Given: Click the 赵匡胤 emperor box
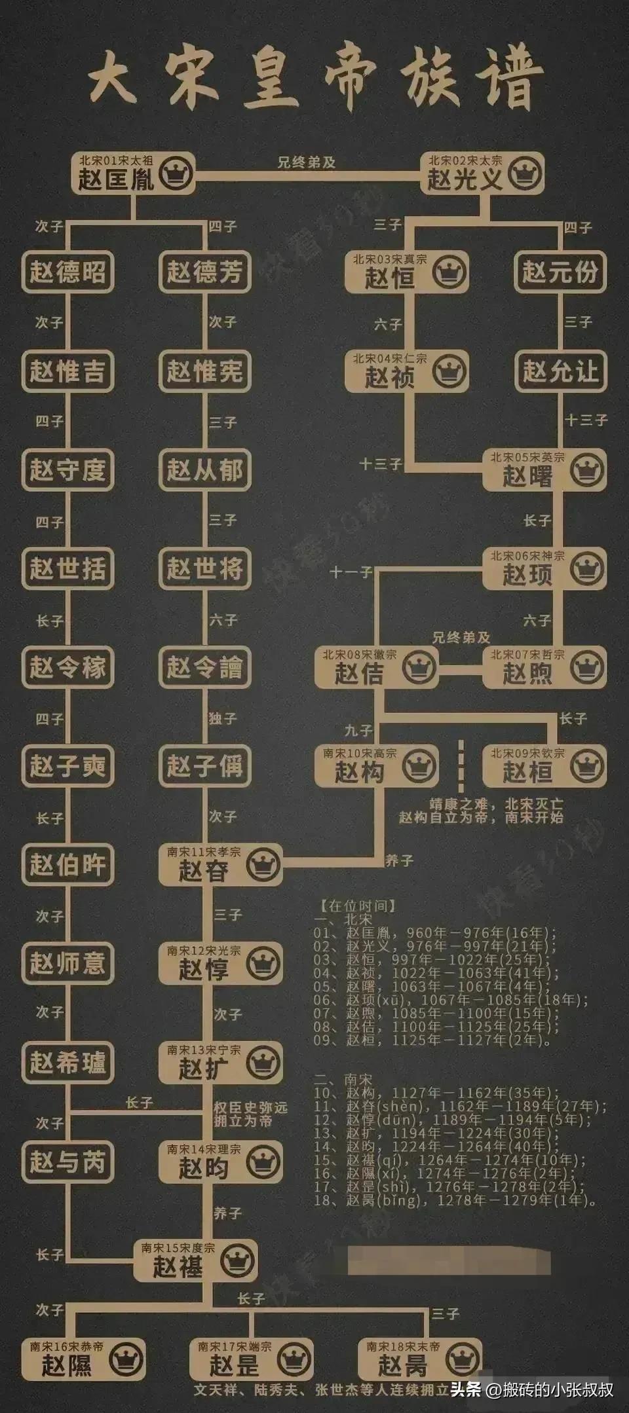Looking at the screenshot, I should click(133, 173).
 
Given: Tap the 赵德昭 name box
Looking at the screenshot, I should click(67, 272).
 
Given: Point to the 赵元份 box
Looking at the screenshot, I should click(560, 272).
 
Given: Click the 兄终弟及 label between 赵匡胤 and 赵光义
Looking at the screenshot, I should click(306, 162).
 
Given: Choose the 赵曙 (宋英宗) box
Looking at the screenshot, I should click(544, 470).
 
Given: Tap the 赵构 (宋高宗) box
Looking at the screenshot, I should click(376, 766).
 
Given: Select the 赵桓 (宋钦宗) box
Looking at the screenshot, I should click(544, 766).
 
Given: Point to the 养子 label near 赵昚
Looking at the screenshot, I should click(399, 860).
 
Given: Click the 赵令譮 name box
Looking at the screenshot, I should click(204, 667).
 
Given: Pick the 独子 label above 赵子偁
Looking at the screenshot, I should click(223, 718).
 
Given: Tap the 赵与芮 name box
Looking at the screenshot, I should click(67, 1162).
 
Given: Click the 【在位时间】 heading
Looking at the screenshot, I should click(358, 906).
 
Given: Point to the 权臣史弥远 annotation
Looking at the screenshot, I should click(250, 1114).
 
